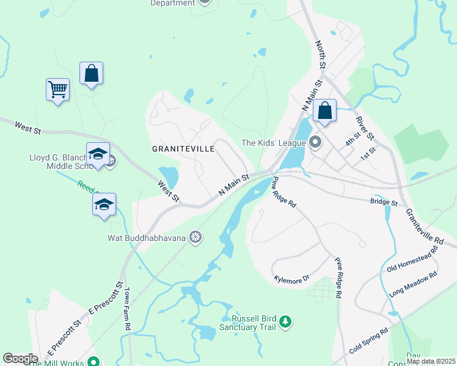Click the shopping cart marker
(x=57, y=90)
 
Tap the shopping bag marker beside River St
(x=324, y=111)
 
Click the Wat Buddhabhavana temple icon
(x=196, y=237)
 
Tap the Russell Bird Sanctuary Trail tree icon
(x=285, y=321)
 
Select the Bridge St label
(x=384, y=202)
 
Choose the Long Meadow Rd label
(x=414, y=284)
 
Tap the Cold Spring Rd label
(x=369, y=342)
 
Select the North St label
(x=320, y=54)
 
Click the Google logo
(x=20, y=359)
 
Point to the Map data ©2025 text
(x=430, y=361)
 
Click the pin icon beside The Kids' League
(x=316, y=143)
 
